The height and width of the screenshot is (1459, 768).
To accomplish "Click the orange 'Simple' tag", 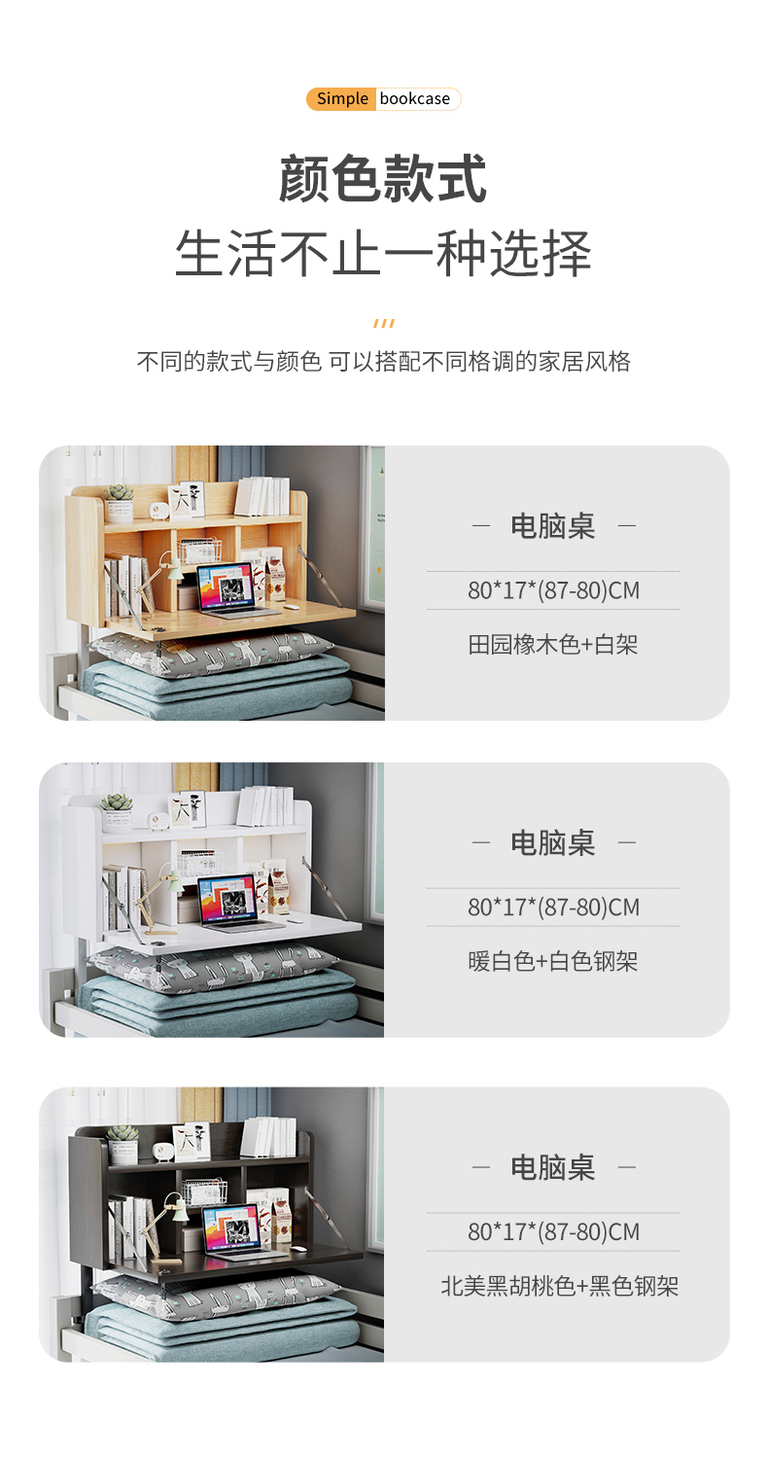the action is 341,99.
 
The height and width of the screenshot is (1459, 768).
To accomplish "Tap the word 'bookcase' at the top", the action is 414,99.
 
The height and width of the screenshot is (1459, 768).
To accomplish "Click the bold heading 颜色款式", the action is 383,178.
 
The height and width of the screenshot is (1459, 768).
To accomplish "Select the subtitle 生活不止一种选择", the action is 383,253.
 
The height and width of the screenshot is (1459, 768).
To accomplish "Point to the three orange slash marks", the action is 384,323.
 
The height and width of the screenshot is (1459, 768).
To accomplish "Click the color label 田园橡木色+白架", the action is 552,645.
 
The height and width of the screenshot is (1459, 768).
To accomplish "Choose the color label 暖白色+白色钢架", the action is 552,961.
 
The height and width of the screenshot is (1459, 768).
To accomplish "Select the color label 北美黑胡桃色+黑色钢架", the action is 559,1286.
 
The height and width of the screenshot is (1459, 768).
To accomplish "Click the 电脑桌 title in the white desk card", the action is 552,842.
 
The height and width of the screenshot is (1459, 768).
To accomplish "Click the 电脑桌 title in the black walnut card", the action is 552,1166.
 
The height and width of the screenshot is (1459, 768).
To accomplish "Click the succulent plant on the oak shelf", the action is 120,502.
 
